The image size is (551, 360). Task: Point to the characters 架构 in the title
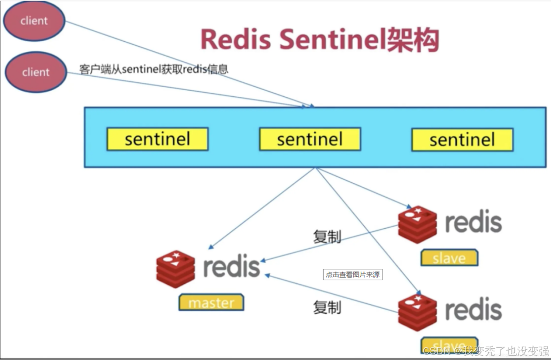[x=413, y=39]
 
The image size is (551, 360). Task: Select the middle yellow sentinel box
[x=310, y=139]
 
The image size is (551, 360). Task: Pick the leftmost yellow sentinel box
[x=157, y=139]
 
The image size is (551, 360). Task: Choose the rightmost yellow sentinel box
[x=462, y=140]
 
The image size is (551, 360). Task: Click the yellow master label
[x=211, y=303]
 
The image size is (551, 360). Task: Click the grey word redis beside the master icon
[x=231, y=267]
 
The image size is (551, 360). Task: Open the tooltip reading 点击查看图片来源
[x=353, y=275]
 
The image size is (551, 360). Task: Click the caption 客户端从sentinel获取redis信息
[x=154, y=68]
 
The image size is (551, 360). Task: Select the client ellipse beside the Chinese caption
[x=36, y=73]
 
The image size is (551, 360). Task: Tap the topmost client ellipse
[x=34, y=21]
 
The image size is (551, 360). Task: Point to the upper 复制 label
[x=327, y=236]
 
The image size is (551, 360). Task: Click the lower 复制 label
[x=327, y=307]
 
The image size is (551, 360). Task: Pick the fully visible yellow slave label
[x=449, y=258]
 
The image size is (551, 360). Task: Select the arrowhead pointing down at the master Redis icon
[x=212, y=247]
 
